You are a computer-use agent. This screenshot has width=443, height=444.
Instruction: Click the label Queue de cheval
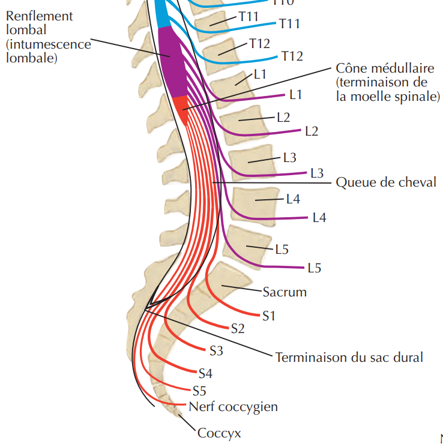click(386, 182)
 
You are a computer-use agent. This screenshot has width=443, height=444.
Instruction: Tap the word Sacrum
click(285, 292)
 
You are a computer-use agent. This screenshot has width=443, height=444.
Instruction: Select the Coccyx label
click(219, 432)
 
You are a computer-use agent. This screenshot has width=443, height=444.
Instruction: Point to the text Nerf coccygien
click(233, 407)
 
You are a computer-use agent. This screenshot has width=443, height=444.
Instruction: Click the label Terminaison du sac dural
click(349, 358)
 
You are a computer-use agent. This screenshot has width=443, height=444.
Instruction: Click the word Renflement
click(39, 16)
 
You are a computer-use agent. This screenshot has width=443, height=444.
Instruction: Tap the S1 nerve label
click(268, 315)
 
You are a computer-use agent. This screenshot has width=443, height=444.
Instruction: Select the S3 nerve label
click(216, 350)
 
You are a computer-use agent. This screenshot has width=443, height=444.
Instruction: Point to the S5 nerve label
click(199, 391)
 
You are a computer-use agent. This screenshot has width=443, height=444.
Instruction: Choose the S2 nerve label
click(238, 328)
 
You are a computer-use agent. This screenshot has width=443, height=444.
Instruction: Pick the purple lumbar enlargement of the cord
click(174, 60)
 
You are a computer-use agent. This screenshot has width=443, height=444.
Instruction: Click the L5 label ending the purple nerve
click(313, 268)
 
